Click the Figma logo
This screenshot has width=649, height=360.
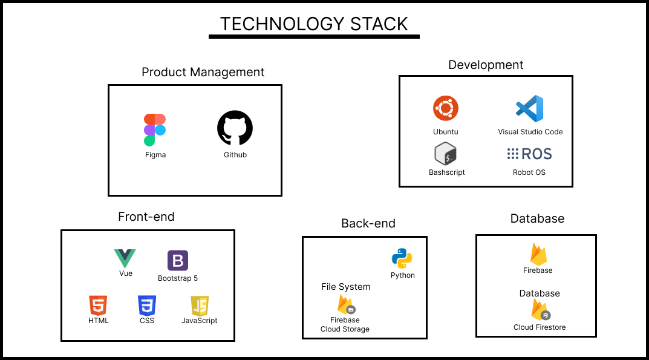[x=155, y=129]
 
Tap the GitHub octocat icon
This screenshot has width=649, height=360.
[x=235, y=128]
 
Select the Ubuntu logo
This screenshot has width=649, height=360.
[x=446, y=108]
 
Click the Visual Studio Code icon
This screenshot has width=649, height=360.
[x=529, y=108]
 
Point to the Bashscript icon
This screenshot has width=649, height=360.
[x=445, y=154]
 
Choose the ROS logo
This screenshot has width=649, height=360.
[x=529, y=154]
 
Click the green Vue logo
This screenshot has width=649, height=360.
[x=125, y=258]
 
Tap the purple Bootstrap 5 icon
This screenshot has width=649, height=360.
[x=178, y=261]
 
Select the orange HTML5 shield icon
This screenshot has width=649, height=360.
[x=98, y=306]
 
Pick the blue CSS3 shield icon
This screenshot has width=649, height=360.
[x=147, y=306]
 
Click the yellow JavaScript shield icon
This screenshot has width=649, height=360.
[x=200, y=306]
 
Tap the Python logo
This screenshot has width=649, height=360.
[x=402, y=258]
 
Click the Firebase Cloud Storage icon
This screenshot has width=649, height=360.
[x=346, y=304]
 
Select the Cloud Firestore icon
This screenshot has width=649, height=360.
[x=541, y=310]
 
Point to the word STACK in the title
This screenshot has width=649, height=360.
[x=379, y=24]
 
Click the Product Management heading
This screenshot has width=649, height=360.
[x=203, y=72]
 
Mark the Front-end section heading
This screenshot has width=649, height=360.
[x=146, y=217]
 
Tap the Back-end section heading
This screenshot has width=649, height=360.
[x=368, y=223]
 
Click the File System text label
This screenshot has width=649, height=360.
[x=345, y=287]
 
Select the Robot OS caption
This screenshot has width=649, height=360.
[x=529, y=172]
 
